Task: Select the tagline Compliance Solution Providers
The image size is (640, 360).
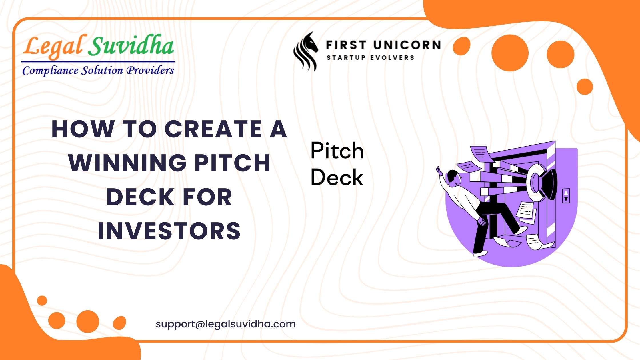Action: point(98,70)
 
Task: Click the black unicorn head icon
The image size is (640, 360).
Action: point(306,51)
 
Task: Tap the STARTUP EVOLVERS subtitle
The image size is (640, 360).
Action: point(370,58)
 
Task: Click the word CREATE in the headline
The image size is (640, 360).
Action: point(213,129)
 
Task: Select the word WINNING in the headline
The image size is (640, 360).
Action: point(127,163)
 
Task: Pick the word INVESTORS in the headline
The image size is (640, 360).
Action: point(169,231)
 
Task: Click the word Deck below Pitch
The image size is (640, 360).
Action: point(337,177)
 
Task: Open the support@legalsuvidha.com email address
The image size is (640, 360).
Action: point(226,324)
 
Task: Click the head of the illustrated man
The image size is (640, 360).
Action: point(454,177)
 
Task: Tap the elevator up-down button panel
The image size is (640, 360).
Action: point(566,196)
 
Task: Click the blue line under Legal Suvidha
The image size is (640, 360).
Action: point(98,61)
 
